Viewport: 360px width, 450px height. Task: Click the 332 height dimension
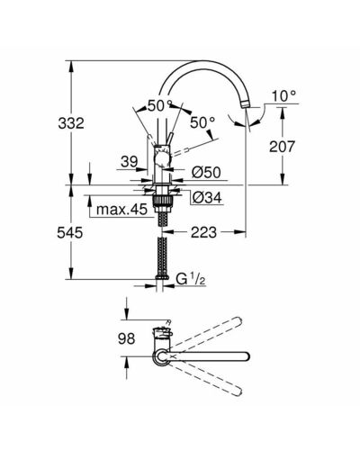71,123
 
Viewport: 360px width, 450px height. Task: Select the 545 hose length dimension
70,232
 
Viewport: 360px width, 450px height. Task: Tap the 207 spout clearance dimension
282,147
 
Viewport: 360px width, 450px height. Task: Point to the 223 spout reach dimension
203,232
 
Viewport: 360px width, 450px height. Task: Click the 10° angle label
283,96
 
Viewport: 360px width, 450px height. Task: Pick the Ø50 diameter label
206,172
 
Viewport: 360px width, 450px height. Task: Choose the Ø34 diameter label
207,197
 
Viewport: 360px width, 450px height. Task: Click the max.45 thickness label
121,209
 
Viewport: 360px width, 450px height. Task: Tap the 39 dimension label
130,161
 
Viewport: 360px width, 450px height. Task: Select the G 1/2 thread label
191,279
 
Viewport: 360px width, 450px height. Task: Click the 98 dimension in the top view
127,338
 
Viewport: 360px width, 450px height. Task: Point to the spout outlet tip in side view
246,105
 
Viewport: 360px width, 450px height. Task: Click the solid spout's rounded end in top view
247,356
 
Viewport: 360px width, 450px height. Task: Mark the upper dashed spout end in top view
238,319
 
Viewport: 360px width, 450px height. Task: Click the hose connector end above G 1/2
163,277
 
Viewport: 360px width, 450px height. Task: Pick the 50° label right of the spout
202,122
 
